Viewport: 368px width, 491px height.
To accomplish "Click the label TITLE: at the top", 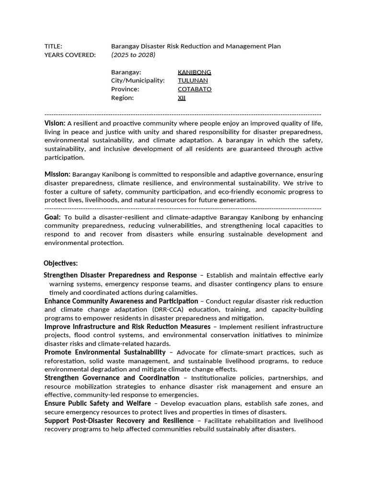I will coord(53,47).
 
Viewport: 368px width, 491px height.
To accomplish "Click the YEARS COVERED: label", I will coord(70,55).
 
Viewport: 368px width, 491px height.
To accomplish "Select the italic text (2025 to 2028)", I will coord(133,55).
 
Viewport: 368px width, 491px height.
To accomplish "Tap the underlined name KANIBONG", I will coord(194,72).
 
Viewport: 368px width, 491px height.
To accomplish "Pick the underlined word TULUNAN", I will coord(193,81).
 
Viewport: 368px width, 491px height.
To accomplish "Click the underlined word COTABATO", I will coord(195,90).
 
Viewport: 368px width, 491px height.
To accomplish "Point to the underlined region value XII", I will coord(182,98).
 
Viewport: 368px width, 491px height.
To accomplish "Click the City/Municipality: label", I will coord(138,81).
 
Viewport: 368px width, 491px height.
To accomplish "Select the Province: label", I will coord(125,90).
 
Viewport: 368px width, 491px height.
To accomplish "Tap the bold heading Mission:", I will coord(57,175).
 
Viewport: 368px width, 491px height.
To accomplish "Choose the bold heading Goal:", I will coord(53,217).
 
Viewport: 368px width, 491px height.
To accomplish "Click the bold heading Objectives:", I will coord(60,263).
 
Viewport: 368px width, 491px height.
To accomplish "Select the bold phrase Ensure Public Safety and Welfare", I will coord(98,404).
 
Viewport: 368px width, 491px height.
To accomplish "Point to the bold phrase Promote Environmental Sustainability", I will coord(105,352).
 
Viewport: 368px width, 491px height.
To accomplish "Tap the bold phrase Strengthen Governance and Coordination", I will coord(112,378).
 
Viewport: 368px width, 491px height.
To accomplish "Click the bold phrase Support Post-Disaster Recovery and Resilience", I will coord(119,421).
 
